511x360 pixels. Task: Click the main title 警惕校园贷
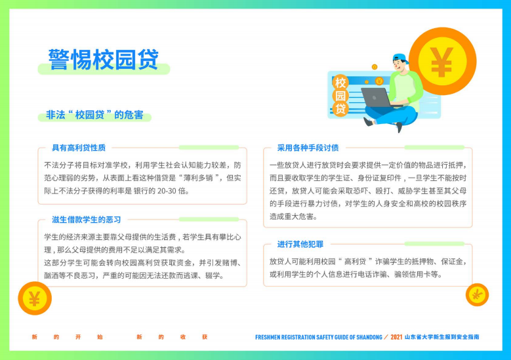coord(104,59)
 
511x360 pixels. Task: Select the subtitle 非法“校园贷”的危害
coord(94,115)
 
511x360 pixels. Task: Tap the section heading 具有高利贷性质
coord(79,148)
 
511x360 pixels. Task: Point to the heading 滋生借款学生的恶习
coord(87,219)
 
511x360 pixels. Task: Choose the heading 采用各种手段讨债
coord(308,148)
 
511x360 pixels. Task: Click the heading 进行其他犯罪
coord(300,244)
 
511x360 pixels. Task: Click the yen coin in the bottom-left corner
coord(35,298)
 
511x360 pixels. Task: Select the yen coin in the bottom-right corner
coord(477,295)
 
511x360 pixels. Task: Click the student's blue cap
coord(401,59)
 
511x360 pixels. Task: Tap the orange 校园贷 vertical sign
coord(340,96)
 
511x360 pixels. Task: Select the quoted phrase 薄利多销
coord(195,178)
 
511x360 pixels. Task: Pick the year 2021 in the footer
coord(396,337)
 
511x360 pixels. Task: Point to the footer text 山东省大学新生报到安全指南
coord(442,337)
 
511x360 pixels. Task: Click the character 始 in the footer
coord(100,337)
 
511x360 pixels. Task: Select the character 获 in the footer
coord(205,337)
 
